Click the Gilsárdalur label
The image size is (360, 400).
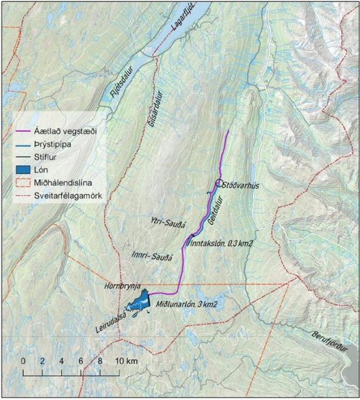tap(150, 111)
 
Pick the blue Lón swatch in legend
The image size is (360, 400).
tap(24, 168)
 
